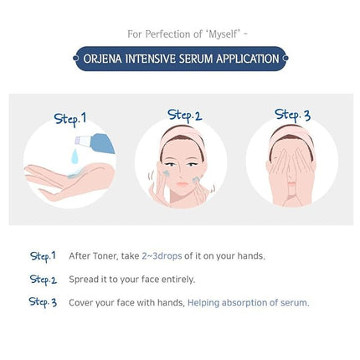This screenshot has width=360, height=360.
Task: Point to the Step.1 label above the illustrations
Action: coord(70,118)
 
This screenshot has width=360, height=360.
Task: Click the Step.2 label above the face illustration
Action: coord(185,114)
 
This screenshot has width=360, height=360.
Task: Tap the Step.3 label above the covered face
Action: coord(293,114)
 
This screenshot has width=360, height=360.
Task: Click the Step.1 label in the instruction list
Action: coord(42,255)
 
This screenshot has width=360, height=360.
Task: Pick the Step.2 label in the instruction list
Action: coord(43,279)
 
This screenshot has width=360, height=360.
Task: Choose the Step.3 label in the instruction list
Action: coord(43,301)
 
